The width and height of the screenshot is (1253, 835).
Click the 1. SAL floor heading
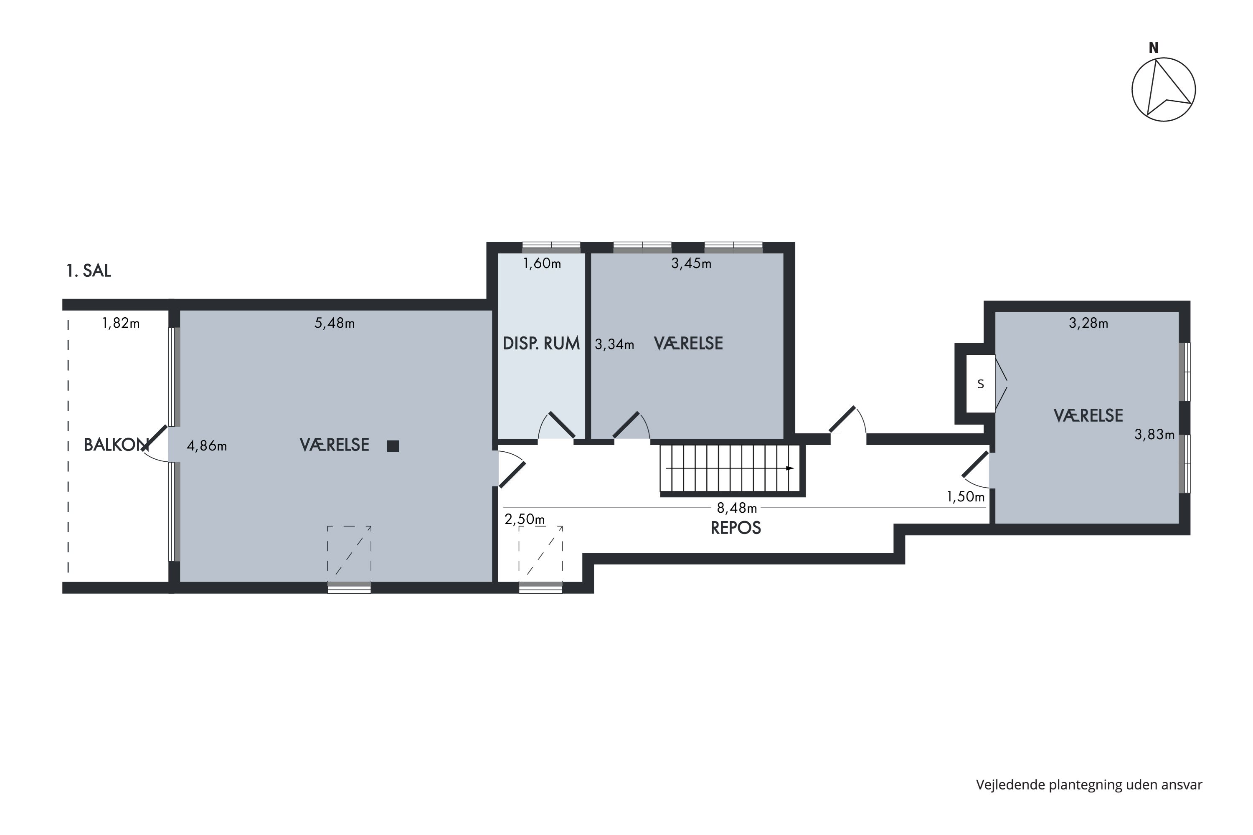pos(89,271)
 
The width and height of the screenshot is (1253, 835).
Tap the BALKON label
pos(116,445)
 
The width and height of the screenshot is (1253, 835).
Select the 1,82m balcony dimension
pos(121,323)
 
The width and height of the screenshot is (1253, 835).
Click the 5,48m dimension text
pos(335,323)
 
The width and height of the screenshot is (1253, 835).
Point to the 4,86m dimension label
pos(207,446)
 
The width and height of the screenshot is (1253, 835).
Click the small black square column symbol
pos(393,446)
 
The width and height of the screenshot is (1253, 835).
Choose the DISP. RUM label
pos(541,344)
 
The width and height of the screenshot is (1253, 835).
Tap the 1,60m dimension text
pos(542,263)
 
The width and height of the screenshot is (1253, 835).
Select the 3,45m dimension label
pos(691,263)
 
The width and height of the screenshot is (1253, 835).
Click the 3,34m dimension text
pos(614,344)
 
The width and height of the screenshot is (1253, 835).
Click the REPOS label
pos(736,528)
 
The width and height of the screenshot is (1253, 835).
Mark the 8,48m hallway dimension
pos(737,508)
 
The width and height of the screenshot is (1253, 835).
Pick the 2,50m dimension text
pos(525,519)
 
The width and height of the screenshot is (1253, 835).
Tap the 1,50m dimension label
pos(965,497)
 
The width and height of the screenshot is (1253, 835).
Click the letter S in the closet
pos(980,384)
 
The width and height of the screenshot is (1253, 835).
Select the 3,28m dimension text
pos(1088,323)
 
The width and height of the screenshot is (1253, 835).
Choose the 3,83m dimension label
pos(1154,435)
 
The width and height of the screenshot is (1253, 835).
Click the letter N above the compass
pos(1153,48)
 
